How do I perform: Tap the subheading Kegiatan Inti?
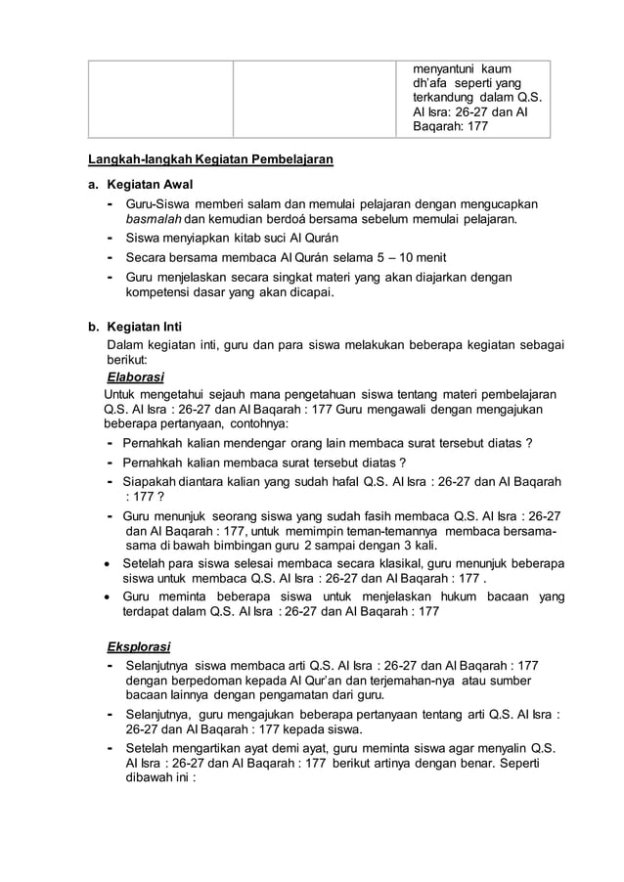coord(147,327)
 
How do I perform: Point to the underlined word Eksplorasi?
coord(138,646)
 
